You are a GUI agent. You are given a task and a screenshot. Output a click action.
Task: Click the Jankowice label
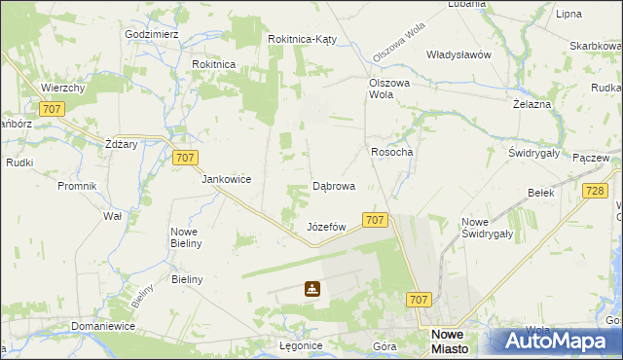(x=227, y=179)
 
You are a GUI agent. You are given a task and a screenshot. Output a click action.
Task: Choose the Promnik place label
(x=77, y=186)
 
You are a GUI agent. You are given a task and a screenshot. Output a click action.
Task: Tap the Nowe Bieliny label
(x=186, y=237)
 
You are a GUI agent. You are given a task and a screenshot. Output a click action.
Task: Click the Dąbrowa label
(x=333, y=185)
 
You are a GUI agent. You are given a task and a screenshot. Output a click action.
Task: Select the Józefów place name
(x=327, y=227)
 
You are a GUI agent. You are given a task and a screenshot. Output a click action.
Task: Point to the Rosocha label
(x=392, y=152)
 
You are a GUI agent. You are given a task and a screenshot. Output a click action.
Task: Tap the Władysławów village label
(x=458, y=54)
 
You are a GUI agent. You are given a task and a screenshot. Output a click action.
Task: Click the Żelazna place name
(x=532, y=103)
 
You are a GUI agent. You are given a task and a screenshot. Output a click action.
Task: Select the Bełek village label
(x=540, y=193)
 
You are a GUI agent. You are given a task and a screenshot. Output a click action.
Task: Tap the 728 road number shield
(x=596, y=193)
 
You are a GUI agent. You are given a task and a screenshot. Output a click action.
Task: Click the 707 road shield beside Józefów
(x=376, y=221)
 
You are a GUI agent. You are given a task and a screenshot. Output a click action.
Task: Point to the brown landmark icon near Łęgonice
(x=311, y=289)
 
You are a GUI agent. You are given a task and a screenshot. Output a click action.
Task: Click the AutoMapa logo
(x=556, y=342)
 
